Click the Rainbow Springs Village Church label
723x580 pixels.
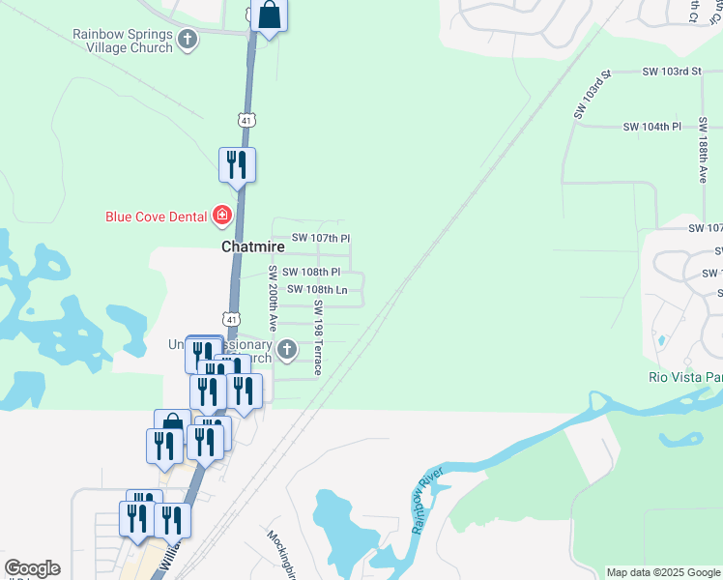123,40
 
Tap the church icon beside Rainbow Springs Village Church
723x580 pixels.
188,41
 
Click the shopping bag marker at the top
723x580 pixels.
270,15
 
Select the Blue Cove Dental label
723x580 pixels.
158,216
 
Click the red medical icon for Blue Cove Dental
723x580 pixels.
222,215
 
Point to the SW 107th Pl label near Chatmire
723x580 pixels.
321,238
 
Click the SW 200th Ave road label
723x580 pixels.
274,299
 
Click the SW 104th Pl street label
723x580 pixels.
652,127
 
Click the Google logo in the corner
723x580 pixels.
31,568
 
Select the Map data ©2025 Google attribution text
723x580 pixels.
663,572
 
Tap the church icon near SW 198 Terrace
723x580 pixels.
286,349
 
